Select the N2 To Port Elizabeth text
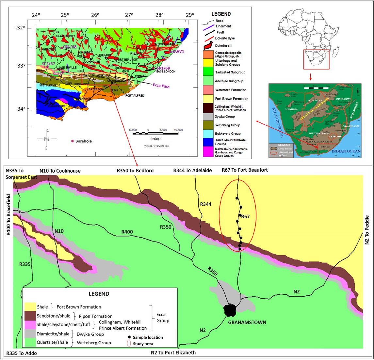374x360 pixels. click(x=173, y=352)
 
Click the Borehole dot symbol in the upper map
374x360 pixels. click(x=72, y=141)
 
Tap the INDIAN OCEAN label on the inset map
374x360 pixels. click(x=346, y=151)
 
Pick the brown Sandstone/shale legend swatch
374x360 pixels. click(x=30, y=316)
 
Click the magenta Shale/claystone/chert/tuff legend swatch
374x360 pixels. click(x=30, y=325)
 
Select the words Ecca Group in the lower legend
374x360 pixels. click(x=163, y=318)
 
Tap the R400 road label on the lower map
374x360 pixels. click(x=127, y=232)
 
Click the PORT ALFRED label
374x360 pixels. click(x=135, y=96)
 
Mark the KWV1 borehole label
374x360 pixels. click(x=178, y=52)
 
